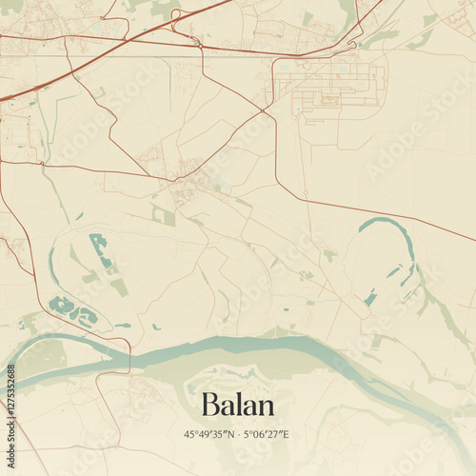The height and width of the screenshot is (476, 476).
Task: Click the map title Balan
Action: pyautogui.click(x=238, y=406)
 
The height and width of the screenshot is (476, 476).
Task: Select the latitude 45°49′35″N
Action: pyautogui.click(x=208, y=434)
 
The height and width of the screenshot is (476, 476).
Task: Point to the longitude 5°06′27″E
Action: pyautogui.click(x=268, y=434)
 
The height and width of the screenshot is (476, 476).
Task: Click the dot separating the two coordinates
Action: pyautogui.click(x=238, y=434)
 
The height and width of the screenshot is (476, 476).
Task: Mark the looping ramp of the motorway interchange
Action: pyautogui.click(x=195, y=40)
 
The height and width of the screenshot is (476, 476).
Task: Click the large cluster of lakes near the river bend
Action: pyautogui.click(x=72, y=310)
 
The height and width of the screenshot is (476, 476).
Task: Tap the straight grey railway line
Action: pyautogui.click(x=238, y=56)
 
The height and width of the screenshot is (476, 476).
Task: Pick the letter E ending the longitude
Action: pyautogui.click(x=287, y=434)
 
